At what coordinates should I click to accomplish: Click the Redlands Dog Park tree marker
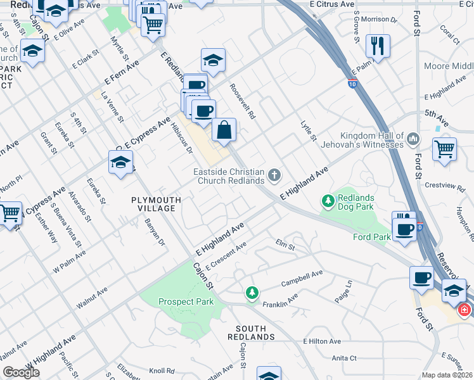[x=328, y=202]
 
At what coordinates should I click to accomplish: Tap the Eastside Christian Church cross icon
[x=274, y=175]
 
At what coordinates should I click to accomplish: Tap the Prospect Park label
[x=186, y=302]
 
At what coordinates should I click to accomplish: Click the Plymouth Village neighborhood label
[x=156, y=204]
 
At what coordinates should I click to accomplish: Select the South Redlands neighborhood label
[x=255, y=332]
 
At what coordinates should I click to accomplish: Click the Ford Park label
[x=371, y=237]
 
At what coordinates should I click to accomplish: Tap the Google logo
[x=21, y=372]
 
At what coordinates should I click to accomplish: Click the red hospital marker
[x=464, y=310]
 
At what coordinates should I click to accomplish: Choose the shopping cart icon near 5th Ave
[x=444, y=149]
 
